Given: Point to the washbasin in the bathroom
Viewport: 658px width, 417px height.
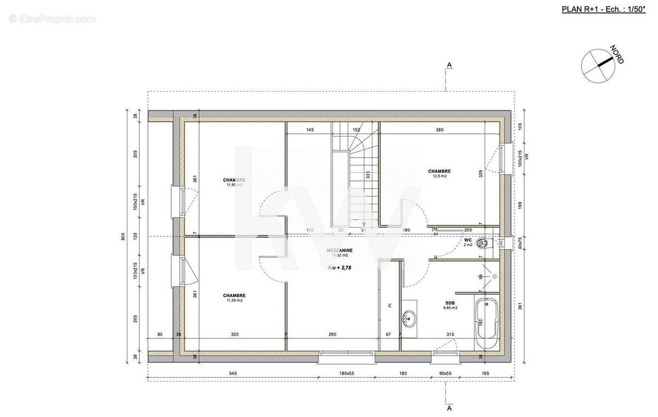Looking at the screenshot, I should point(409,317).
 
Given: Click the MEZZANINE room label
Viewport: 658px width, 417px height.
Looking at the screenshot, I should point(340,250).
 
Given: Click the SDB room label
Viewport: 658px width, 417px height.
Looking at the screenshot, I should point(450,302).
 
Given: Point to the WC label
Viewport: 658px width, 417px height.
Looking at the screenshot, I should point(468,240).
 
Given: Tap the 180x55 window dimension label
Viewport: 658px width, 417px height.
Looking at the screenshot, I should point(347,373).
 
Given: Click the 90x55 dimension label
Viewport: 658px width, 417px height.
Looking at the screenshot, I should point(445,373).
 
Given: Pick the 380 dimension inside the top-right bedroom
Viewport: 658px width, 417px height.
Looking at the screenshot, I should point(439,130).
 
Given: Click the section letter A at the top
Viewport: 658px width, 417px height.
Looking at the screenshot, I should point(449,65).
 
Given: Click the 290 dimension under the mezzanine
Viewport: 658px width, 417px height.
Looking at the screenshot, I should point(332,334).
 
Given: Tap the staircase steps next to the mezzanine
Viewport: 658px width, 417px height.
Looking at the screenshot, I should point(361,181).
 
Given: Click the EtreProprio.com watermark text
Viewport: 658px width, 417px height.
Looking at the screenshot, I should point(52,19).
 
